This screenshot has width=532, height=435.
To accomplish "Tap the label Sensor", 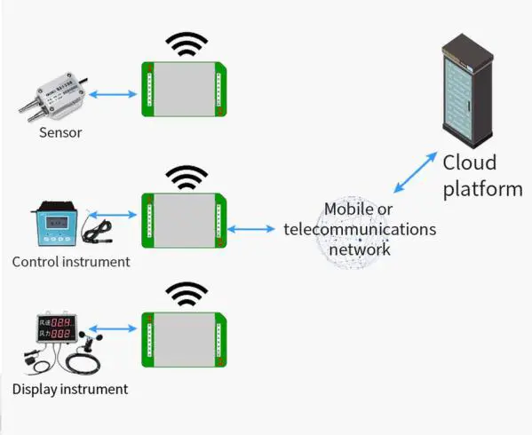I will pos(60,133).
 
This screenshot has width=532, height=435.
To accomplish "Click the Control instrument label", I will pos(71,262).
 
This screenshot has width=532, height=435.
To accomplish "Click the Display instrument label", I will pos(70,389).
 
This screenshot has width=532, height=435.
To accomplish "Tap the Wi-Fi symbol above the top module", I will pos(187,44).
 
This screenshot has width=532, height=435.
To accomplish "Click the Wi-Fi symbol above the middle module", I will pos(187,177).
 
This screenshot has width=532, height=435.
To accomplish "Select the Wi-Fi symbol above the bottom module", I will pos(187,294).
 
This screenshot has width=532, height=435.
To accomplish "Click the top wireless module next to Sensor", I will pos(184,90).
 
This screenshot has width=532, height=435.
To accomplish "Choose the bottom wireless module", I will pos(184,340).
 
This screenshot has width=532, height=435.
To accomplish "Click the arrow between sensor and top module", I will pos(112,93).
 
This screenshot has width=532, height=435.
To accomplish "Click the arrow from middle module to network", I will pos(252,229).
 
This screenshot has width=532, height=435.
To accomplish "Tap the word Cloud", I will pos(469,164).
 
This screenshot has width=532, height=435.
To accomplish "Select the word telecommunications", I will pos(360,229).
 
